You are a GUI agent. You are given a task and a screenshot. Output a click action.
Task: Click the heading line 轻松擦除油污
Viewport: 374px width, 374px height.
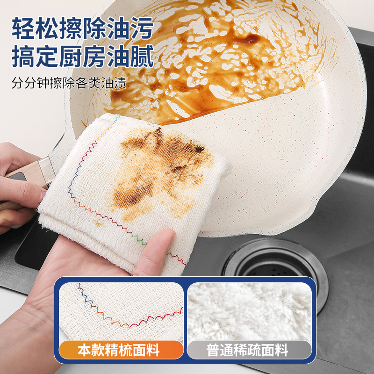point(82,29)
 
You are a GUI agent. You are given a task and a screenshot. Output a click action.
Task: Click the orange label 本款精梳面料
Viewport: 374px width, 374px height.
point(119,349)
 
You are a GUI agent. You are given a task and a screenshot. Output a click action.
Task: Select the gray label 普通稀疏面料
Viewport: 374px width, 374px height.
point(249,349)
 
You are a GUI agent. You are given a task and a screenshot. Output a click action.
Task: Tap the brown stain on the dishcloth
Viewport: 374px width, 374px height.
point(159,168)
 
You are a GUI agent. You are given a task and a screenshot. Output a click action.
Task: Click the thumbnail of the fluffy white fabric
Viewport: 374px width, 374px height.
point(249,311)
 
